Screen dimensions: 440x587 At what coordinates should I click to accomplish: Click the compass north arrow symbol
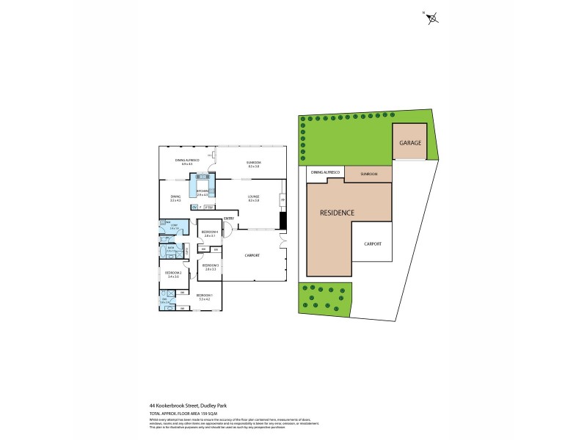431,18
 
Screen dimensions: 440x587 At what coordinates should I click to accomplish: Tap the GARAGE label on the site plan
410,143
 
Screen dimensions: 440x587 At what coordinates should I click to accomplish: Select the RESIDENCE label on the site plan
337,213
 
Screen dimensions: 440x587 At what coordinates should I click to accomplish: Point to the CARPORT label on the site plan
372,244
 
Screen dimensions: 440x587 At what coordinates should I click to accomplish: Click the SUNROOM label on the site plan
368,174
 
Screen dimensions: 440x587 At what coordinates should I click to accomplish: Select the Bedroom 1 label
204,297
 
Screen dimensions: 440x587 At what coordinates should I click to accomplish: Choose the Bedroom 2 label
174,274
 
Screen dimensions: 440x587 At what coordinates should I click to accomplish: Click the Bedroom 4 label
211,233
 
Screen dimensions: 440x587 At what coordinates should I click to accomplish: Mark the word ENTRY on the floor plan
228,218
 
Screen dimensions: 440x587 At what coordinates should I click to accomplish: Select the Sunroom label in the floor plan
254,163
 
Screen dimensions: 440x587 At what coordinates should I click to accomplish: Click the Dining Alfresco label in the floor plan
183,161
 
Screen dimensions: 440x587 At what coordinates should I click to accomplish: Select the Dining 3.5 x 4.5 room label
175,198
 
